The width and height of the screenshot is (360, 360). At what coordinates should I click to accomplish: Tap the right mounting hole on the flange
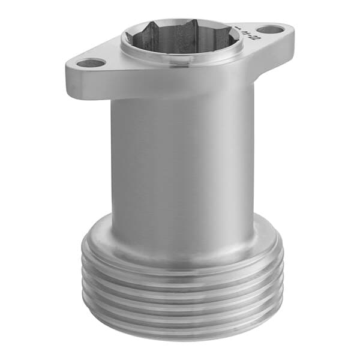(x=271, y=29)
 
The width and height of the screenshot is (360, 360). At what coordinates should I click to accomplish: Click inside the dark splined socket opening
(x=180, y=37)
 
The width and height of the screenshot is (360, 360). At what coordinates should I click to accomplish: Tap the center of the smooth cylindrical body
(x=180, y=162)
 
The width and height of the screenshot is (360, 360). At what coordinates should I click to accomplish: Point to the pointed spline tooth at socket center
(x=180, y=27)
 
